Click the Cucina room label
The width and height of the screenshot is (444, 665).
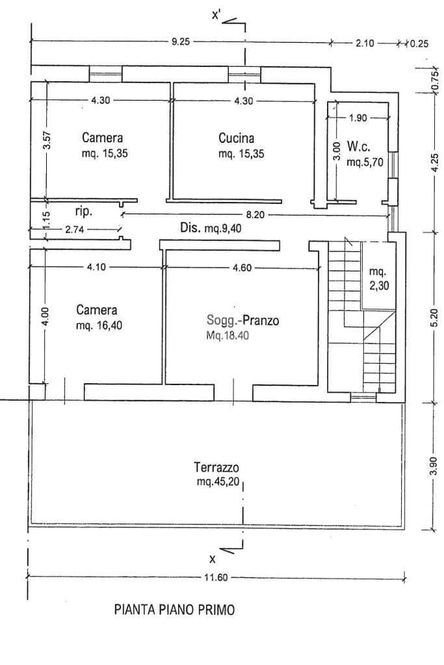[x=237, y=138]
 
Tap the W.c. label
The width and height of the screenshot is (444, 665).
[x=359, y=147]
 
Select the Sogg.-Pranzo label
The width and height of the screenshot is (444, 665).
[x=242, y=320]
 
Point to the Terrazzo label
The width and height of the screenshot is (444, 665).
[x=216, y=468]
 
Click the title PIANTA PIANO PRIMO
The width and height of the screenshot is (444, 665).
[x=174, y=610]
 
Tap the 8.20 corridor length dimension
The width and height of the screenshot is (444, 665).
[x=255, y=215]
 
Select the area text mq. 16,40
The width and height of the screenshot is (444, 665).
[x=99, y=326]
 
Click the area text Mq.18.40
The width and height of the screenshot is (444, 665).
[x=228, y=336]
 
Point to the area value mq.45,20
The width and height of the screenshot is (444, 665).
[x=218, y=483]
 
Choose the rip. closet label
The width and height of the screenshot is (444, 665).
[x=84, y=212]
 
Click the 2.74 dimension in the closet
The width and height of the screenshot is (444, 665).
[x=74, y=229]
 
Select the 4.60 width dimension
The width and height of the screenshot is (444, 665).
[x=242, y=268]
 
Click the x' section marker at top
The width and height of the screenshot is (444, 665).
[x=216, y=16]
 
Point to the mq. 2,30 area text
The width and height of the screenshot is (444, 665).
[x=378, y=279]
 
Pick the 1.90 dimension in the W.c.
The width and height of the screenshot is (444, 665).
[x=358, y=118]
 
